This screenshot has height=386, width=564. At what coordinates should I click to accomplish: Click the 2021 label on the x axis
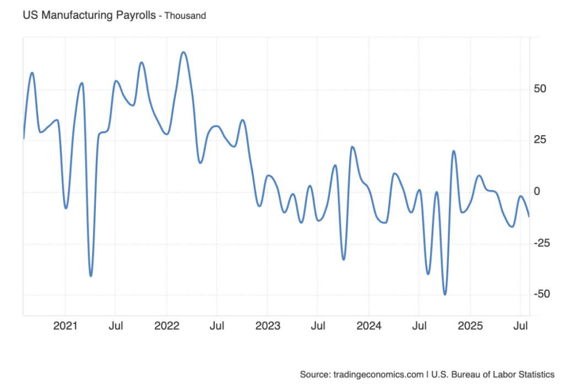pyautogui.click(x=65, y=326)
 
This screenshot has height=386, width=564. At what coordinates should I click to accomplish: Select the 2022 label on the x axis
pyautogui.click(x=166, y=326)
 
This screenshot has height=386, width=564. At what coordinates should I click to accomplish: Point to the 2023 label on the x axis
pyautogui.click(x=268, y=326)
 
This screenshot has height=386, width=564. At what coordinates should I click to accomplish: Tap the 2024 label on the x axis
pyautogui.click(x=368, y=326)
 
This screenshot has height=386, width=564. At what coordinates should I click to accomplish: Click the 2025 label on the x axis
pyautogui.click(x=470, y=326)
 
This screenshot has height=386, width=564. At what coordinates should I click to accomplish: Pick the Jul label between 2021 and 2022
pyautogui.click(x=115, y=326)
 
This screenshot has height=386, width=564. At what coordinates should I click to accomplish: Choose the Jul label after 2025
pyautogui.click(x=520, y=326)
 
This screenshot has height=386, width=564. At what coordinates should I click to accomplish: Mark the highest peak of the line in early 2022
pyautogui.click(x=183, y=52)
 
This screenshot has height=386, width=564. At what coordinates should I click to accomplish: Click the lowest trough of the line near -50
pyautogui.click(x=445, y=294)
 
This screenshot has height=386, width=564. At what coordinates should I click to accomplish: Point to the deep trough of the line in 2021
pyautogui.click(x=90, y=276)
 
